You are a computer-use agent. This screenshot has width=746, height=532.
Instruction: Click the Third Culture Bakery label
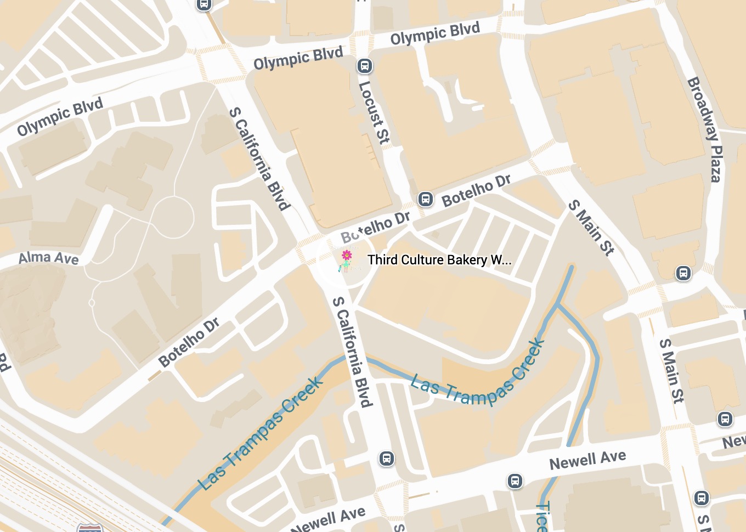439,260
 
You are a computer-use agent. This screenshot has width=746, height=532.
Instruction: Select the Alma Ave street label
49,258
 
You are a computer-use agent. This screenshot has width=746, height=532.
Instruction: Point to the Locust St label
374,113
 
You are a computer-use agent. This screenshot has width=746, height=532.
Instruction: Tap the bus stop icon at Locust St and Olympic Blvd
365,66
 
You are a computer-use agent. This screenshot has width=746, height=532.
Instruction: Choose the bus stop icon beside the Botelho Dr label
426,199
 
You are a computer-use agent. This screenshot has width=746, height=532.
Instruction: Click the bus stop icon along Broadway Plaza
683,273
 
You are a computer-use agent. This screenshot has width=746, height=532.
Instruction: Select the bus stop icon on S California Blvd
387,459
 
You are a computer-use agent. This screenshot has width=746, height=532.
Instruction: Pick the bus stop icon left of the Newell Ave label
515,481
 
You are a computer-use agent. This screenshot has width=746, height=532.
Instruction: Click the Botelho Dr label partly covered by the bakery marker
376,227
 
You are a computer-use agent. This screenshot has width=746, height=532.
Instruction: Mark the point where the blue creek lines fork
558,304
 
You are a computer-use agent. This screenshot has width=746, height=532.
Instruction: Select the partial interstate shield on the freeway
89,528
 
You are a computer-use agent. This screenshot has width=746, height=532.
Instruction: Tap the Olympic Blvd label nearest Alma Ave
60,116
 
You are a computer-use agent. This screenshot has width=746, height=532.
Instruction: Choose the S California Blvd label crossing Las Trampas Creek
352,351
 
